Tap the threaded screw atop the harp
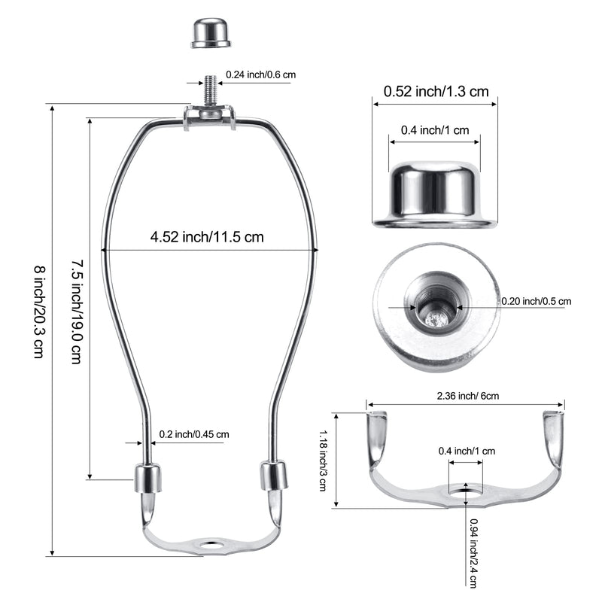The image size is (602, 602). point(210,91)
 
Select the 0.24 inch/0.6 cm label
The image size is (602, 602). point(260,74)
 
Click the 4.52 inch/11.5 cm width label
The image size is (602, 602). point(207,237)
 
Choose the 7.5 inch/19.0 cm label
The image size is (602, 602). point(77,312)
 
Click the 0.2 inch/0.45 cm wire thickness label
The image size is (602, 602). point(194,434)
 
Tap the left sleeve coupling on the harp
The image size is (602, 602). point(147,479)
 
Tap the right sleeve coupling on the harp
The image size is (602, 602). point(273,476)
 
